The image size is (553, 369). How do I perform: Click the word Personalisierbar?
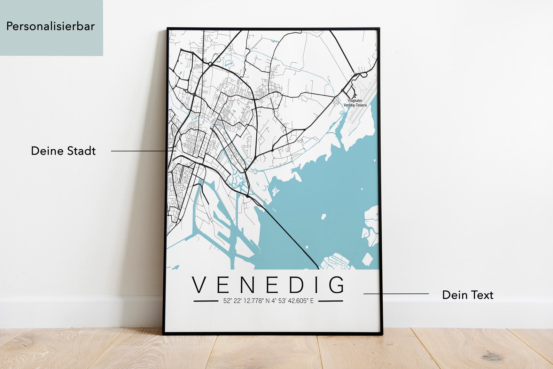coord(50,26)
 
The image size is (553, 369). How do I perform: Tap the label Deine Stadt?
coord(63,151)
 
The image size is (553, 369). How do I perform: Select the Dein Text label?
coord(467,295)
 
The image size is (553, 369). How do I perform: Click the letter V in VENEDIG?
coord(201,285)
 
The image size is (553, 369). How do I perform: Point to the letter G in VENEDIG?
coord(336,285)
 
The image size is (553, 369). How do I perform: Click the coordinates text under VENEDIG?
coord(268,301)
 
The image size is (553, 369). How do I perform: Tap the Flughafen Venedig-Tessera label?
coord(355,103)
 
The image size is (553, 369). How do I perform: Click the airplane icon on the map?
coord(355,95)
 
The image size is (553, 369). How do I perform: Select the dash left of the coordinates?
coord(205,301)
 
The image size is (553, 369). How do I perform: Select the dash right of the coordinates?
coord(330,301)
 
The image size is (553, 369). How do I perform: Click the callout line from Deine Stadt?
coord(139,151)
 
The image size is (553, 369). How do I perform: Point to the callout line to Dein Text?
coord(396,294)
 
